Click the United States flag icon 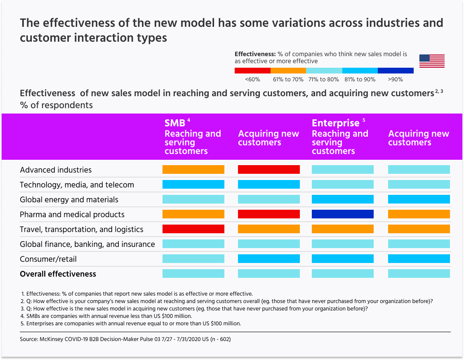(x=432, y=61)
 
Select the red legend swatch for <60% (x=252, y=71)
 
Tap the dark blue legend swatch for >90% (x=396, y=71)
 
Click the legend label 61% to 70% (x=288, y=79)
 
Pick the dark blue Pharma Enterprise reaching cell (x=343, y=214)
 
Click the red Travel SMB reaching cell (x=193, y=229)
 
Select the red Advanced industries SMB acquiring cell (x=269, y=170)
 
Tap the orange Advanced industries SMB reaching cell (x=193, y=170)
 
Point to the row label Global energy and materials (x=69, y=200)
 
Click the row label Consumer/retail (x=48, y=259)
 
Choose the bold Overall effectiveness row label (x=58, y=274)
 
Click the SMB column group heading (x=175, y=123)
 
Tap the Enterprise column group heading (x=336, y=123)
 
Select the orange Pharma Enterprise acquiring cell (x=419, y=214)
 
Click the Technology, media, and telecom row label (x=77, y=185)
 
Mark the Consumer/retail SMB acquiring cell (x=269, y=259)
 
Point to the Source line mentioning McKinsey (x=125, y=339)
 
